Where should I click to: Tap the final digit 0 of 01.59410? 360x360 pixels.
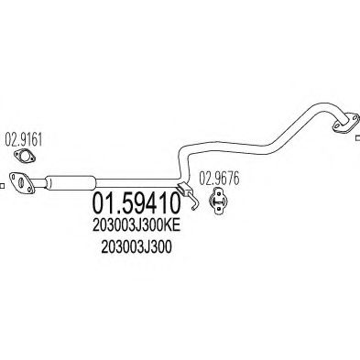176,199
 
